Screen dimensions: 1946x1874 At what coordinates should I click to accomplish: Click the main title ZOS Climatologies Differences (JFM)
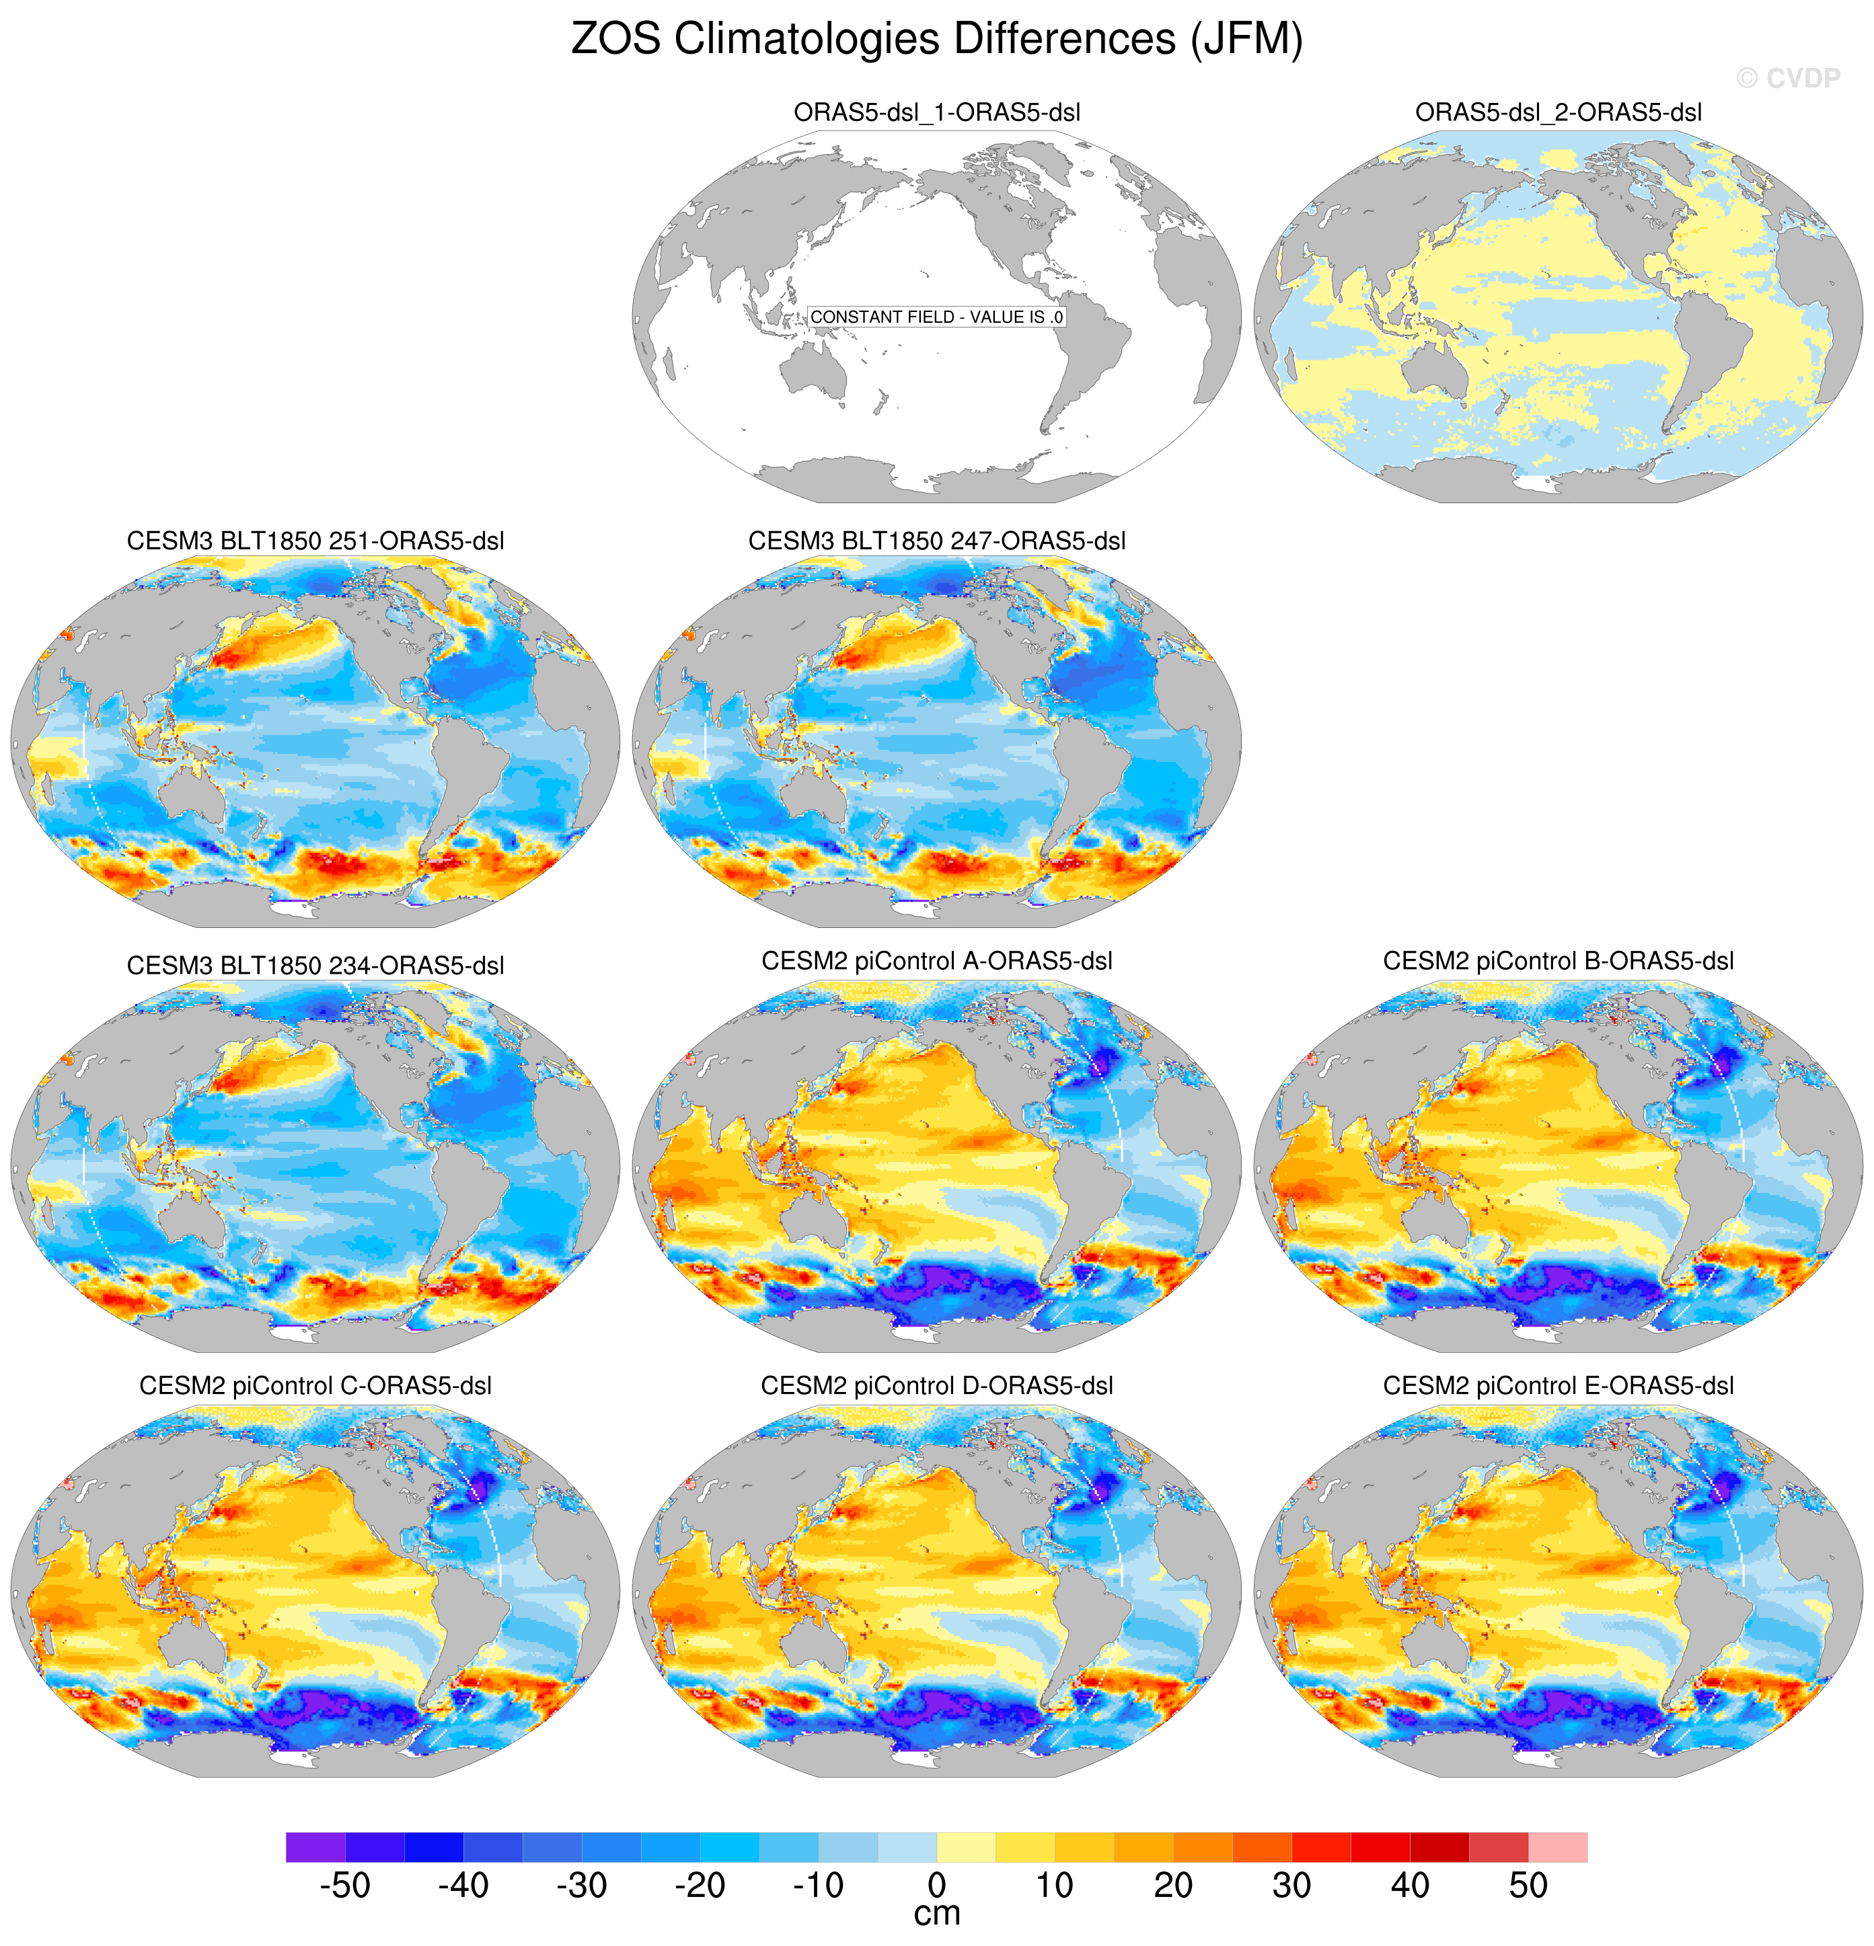[936, 40]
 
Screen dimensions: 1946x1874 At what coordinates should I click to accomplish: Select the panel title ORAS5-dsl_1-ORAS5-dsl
[936, 112]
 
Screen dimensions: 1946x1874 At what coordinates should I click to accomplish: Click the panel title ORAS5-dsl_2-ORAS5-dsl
[1558, 112]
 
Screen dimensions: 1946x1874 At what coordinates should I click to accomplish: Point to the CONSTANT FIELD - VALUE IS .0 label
[936, 317]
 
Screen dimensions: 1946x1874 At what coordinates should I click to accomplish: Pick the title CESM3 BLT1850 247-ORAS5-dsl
[936, 541]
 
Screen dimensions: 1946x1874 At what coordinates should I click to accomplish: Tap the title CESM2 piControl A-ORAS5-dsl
[936, 960]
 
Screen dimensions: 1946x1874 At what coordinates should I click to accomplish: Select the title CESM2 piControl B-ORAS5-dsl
[1558, 960]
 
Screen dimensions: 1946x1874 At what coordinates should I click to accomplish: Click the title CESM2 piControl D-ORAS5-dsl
[936, 1385]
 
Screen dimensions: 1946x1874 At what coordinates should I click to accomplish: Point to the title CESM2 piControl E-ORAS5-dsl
[1558, 1385]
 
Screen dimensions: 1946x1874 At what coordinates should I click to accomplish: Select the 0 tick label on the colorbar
[936, 1884]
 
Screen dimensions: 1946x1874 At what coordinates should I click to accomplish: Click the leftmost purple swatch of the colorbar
[315, 1846]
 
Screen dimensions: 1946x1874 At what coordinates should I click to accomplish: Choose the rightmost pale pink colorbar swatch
[1557, 1846]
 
